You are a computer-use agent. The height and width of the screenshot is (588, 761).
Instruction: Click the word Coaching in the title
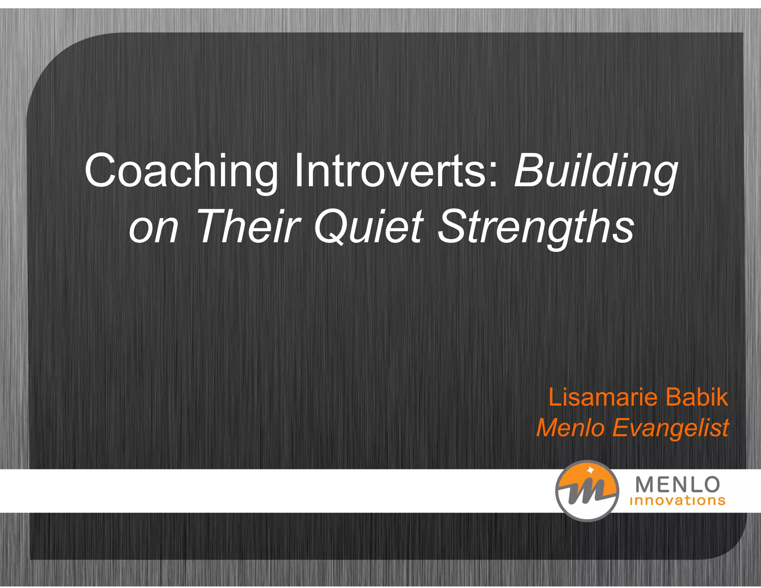click(181, 171)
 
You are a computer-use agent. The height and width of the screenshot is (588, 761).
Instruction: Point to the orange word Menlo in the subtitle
click(570, 427)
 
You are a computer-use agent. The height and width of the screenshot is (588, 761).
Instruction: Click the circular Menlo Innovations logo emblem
click(587, 491)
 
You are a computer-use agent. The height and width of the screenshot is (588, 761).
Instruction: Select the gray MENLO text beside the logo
click(677, 485)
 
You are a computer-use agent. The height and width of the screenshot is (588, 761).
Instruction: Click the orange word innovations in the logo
click(677, 501)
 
